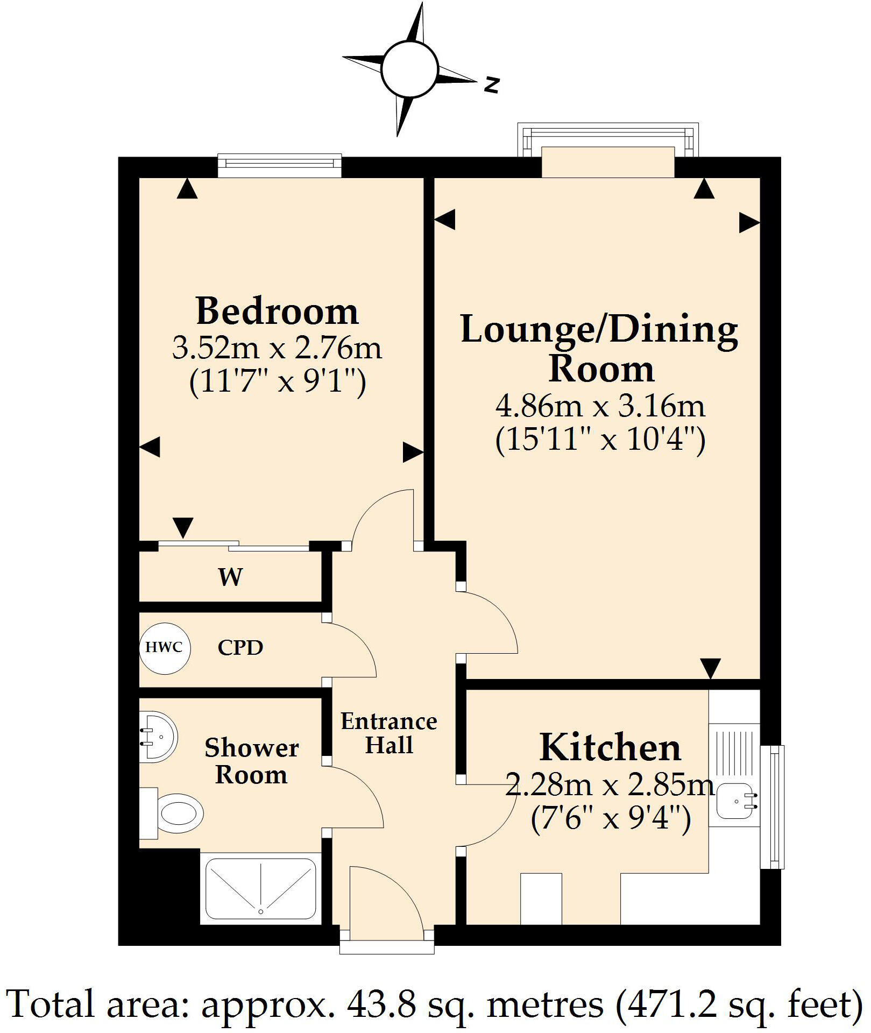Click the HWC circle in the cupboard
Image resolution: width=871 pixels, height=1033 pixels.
[x=165, y=648]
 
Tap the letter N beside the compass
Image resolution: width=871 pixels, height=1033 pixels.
[x=492, y=84]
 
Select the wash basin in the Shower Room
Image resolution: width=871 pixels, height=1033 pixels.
[x=159, y=737]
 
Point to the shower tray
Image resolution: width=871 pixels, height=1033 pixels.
[x=261, y=889]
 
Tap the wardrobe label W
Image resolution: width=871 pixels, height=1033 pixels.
[x=230, y=577]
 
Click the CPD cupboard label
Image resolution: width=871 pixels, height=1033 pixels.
[x=240, y=648]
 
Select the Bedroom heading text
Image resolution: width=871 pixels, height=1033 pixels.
[x=277, y=312]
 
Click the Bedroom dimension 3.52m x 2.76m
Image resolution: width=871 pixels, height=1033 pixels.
[x=277, y=348]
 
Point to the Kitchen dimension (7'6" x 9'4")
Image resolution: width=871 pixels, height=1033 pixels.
[x=611, y=820]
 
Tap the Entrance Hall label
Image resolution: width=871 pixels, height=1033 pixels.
[x=389, y=733]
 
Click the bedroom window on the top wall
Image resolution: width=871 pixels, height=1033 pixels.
[x=280, y=166]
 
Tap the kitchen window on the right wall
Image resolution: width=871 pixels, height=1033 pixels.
[x=772, y=807]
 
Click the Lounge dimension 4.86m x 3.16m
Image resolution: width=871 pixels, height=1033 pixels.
[x=600, y=406]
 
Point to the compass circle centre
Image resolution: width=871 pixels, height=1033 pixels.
[x=410, y=70]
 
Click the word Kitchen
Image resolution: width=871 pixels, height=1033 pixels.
[x=611, y=748]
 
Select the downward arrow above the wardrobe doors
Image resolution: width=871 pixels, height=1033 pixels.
[x=183, y=527]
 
